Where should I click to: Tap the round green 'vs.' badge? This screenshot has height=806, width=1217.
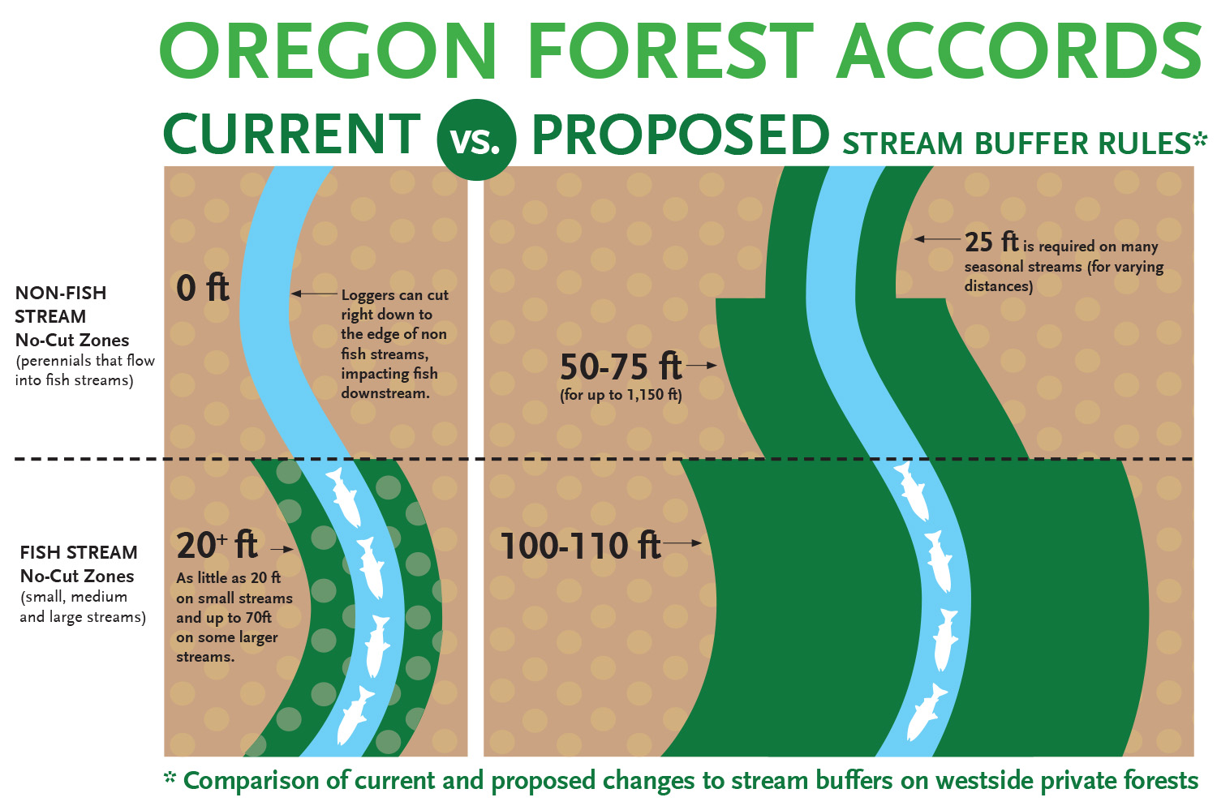(476, 140)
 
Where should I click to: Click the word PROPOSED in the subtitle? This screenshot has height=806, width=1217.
(680, 135)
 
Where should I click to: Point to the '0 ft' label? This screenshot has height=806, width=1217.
(203, 288)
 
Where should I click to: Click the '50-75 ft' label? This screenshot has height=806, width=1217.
(621, 367)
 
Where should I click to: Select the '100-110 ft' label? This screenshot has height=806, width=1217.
(580, 546)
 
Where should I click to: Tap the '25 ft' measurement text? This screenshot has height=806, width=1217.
(991, 242)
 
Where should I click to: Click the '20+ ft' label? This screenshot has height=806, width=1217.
(217, 546)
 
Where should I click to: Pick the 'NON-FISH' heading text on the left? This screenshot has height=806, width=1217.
(61, 293)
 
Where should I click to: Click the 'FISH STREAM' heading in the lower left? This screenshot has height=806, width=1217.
(79, 552)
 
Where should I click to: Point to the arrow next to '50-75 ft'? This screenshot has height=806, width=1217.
(703, 366)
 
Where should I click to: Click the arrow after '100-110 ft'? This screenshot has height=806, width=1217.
(684, 542)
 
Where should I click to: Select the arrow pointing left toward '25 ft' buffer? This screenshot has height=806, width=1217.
(937, 239)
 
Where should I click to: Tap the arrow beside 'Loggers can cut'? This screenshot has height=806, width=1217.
(314, 294)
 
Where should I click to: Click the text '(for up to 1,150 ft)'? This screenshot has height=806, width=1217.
(621, 395)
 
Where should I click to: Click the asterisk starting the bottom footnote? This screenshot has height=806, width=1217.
(170, 778)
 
